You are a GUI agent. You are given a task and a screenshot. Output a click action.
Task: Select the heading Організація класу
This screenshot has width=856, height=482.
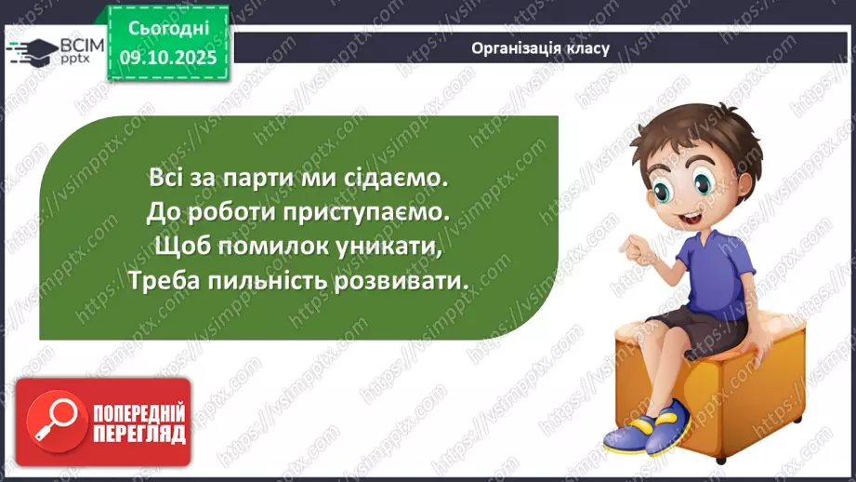click(540, 48)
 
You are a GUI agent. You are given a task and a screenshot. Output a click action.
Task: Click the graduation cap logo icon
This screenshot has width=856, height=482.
click(31, 50)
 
